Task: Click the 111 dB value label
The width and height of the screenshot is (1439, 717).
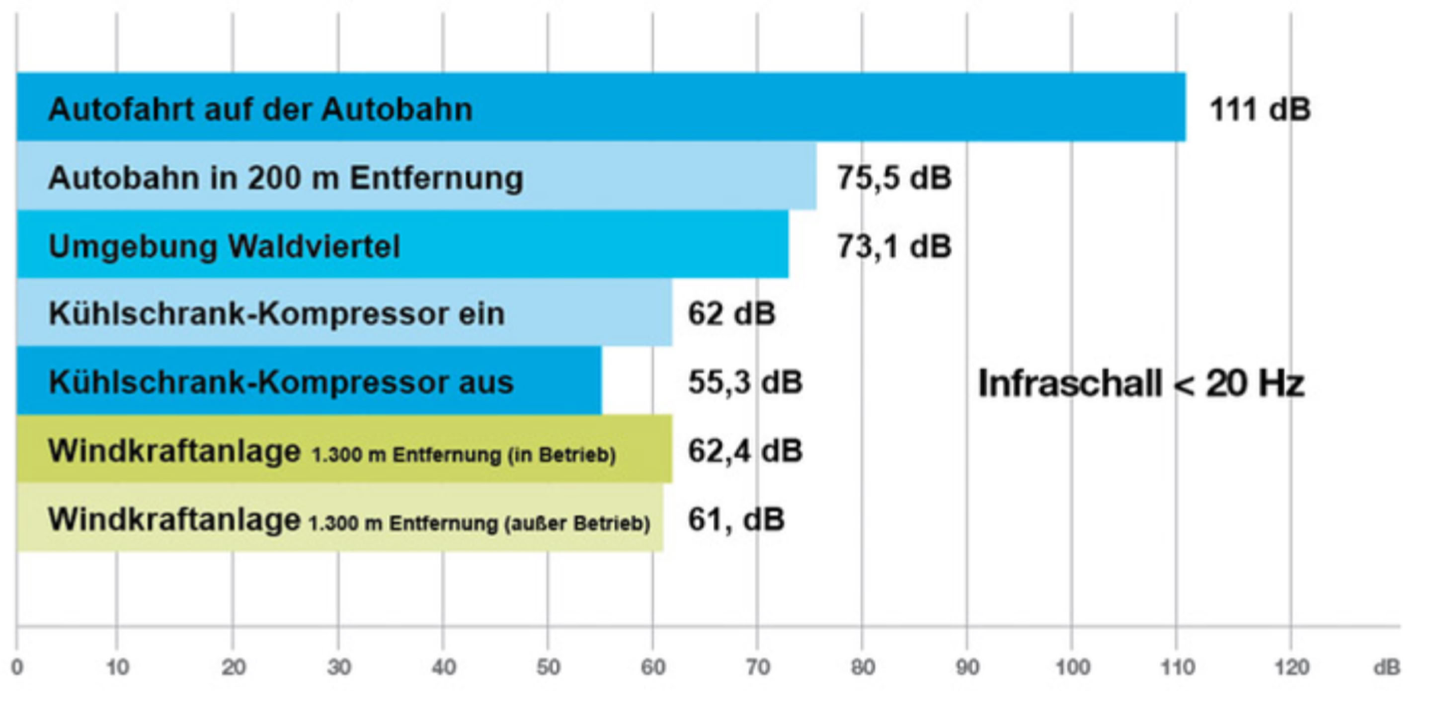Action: pyautogui.click(x=1260, y=109)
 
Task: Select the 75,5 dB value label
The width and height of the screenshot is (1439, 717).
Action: pyautogui.click(x=894, y=178)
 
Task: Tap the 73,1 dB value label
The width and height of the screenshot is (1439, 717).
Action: pyautogui.click(x=894, y=246)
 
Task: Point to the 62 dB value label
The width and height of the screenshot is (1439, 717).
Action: pyautogui.click(x=731, y=314)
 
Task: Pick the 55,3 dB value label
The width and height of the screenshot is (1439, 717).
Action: pyautogui.click(x=745, y=382)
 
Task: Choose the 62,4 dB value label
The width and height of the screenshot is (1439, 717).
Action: pyautogui.click(x=745, y=451)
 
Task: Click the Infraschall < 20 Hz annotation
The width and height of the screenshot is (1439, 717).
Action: pyautogui.click(x=1141, y=384)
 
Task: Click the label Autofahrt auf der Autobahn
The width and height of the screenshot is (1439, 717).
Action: pyautogui.click(x=260, y=109)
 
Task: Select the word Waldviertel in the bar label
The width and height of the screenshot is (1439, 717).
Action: pyautogui.click(x=315, y=246)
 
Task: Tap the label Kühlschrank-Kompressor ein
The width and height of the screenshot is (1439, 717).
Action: pyautogui.click(x=276, y=314)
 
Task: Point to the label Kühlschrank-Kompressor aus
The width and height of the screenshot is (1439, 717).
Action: pyautogui.click(x=281, y=382)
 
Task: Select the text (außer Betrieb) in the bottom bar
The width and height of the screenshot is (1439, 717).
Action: pyautogui.click(x=577, y=524)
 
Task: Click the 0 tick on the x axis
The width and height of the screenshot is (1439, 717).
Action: pyautogui.click(x=17, y=667)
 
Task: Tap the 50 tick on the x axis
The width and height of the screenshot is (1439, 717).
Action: pyautogui.click(x=548, y=667)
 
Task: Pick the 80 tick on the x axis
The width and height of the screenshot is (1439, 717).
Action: pyautogui.click(x=863, y=667)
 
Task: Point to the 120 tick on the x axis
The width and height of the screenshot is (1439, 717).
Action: pyautogui.click(x=1291, y=667)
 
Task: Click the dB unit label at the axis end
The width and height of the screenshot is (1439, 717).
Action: pyautogui.click(x=1386, y=667)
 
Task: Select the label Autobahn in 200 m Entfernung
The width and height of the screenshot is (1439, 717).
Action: pyautogui.click(x=285, y=178)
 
